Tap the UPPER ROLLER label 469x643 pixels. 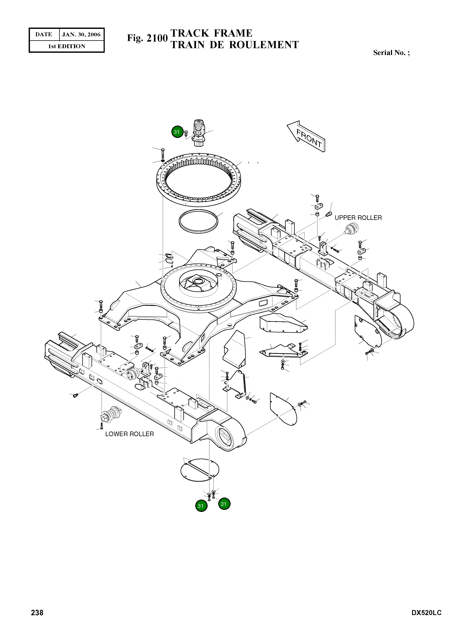[x=358, y=218]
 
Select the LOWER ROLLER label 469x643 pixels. [x=130, y=434]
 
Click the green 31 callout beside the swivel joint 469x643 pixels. [x=177, y=132]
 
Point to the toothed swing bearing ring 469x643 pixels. [x=199, y=180]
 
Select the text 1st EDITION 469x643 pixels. [x=67, y=46]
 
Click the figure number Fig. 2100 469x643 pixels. [x=147, y=38]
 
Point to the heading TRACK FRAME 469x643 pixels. [x=211, y=33]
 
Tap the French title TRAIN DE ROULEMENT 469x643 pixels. [x=234, y=45]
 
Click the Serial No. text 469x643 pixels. [x=391, y=53]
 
